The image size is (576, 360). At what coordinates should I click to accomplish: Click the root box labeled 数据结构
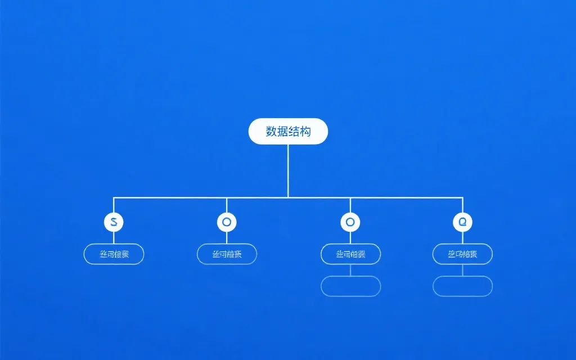(x=288, y=131)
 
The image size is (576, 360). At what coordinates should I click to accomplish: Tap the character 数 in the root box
(x=271, y=132)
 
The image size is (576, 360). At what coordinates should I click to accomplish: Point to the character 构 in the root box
(x=305, y=132)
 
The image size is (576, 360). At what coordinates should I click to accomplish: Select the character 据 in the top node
(x=282, y=132)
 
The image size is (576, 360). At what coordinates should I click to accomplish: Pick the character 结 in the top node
(x=294, y=132)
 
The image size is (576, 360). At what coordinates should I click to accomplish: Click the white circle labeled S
(x=114, y=222)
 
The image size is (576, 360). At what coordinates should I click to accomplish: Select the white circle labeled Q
(x=462, y=222)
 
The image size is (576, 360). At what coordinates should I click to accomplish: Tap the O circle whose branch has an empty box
(x=350, y=222)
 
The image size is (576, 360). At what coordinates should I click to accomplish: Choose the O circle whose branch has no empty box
(x=227, y=222)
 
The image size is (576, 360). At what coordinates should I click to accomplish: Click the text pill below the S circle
(x=114, y=254)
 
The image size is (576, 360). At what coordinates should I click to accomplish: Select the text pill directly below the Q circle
(x=462, y=254)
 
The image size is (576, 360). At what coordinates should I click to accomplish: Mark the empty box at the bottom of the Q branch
(x=462, y=286)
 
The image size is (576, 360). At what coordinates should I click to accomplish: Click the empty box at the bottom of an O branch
(x=350, y=286)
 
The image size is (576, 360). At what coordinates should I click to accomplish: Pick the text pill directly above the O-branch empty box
(x=350, y=254)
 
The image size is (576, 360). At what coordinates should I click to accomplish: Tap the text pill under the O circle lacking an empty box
(x=227, y=254)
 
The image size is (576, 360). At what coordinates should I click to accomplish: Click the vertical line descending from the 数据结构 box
(x=288, y=170)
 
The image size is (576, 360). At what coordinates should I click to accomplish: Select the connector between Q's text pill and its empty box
(x=462, y=270)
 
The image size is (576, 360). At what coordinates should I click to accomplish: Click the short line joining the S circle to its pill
(x=114, y=238)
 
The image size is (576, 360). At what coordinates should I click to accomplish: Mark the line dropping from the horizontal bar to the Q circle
(x=462, y=205)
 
